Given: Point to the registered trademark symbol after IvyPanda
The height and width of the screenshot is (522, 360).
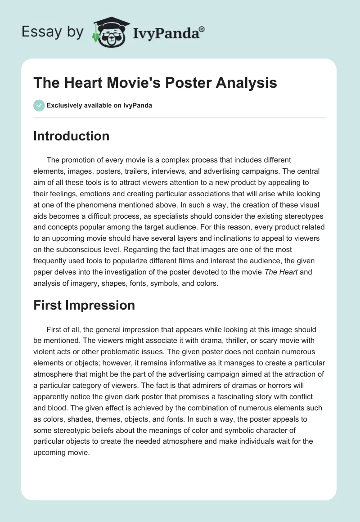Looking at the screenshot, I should point(202,29).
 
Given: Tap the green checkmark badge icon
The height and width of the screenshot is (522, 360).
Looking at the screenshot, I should point(39,105).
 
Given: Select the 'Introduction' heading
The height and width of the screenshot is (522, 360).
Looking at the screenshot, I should point(71,136).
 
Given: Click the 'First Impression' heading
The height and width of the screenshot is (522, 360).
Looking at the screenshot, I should point(84,305).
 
